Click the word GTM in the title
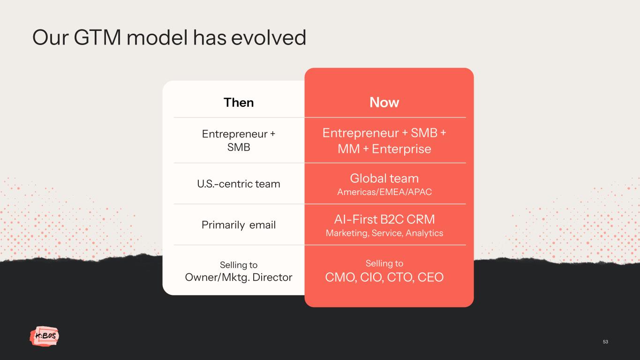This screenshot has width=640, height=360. (x=98, y=37)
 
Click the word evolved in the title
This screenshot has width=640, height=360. (x=269, y=37)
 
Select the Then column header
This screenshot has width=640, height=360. (x=239, y=102)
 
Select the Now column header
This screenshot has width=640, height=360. (x=384, y=102)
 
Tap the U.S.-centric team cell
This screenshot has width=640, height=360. (x=239, y=184)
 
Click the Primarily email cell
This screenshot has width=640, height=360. (x=239, y=225)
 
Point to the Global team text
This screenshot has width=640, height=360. (x=384, y=178)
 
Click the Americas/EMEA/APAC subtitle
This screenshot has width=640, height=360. (x=384, y=192)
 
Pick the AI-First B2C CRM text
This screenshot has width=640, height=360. (x=384, y=219)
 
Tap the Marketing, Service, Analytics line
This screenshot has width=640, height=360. (x=384, y=233)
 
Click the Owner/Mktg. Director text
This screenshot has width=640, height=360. (x=239, y=277)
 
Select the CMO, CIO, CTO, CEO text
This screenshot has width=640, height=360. (x=384, y=277)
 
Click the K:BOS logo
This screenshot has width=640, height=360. (x=45, y=336)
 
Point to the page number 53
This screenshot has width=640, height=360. (x=605, y=342)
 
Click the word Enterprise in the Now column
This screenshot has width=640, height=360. (x=401, y=149)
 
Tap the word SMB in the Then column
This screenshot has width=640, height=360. (x=239, y=148)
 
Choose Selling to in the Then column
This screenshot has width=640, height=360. (x=239, y=265)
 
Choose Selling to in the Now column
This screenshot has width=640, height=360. (x=384, y=263)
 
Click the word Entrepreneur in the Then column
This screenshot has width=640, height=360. (x=234, y=134)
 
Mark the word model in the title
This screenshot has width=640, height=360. (x=157, y=37)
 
